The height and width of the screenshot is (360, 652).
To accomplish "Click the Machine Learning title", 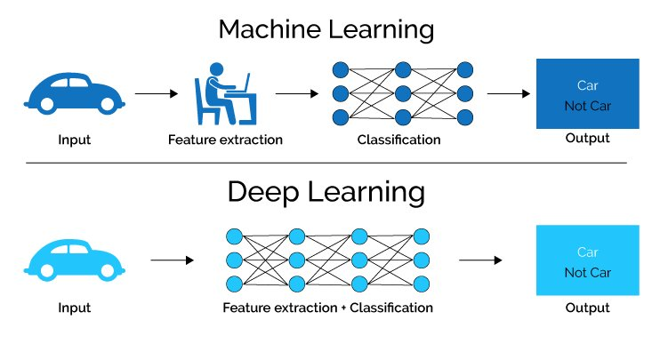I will (x=326, y=29).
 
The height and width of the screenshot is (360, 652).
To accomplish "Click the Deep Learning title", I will (x=326, y=191).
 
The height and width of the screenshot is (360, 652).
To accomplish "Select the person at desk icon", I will (x=222, y=94).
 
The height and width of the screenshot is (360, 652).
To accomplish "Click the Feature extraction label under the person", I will (x=226, y=140).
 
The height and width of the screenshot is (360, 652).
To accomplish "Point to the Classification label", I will (x=398, y=140).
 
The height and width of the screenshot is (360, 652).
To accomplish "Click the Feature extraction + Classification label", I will (x=328, y=308).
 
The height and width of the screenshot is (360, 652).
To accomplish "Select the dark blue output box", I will (x=587, y=93).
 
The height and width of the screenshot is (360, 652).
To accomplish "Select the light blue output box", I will (x=587, y=260).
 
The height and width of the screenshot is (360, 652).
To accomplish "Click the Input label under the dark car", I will (x=74, y=140).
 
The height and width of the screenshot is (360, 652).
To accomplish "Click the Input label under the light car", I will (x=74, y=308).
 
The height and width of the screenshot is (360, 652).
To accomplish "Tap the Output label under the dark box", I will (x=587, y=138).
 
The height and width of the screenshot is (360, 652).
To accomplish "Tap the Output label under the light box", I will (x=587, y=308).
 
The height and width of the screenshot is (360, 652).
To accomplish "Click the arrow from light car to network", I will (x=172, y=260).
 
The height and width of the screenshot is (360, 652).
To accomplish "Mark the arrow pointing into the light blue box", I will (x=480, y=260).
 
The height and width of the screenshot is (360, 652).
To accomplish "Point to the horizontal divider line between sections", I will (x=326, y=163).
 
